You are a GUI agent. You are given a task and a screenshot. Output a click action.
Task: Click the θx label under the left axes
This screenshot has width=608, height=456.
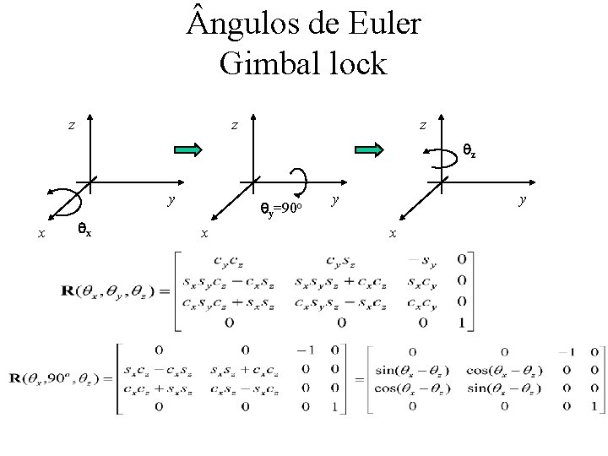click(x=85, y=227)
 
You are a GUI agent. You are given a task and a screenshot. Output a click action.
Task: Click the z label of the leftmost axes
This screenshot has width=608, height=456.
click(x=72, y=125)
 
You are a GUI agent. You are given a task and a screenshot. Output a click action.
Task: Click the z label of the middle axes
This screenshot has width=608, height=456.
click(x=236, y=125)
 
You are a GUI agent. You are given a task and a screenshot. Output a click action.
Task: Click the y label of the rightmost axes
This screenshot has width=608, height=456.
click(x=524, y=199)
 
